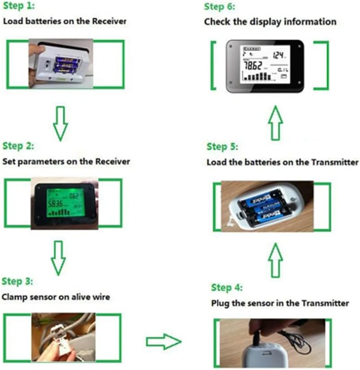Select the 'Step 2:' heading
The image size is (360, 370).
(18, 146)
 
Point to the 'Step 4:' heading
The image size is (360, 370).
(227, 288)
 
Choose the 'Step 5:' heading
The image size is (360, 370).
(222, 147)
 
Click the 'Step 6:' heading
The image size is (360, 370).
(219, 7)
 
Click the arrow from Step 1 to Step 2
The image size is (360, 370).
(61, 122)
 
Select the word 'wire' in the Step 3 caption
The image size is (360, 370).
(101, 297)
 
